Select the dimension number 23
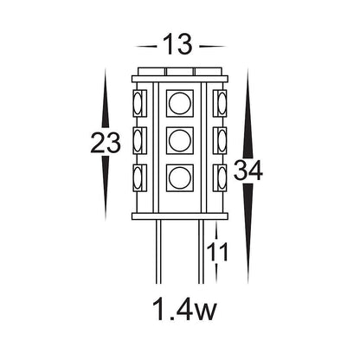(x=106, y=144)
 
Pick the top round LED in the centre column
(x=179, y=103)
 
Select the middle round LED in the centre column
(x=179, y=140)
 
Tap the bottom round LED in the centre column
(x=179, y=178)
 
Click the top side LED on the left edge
(x=139, y=104)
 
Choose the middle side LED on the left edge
(x=139, y=140)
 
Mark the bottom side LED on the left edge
(x=139, y=178)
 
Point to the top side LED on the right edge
(x=220, y=104)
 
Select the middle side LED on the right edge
(x=220, y=140)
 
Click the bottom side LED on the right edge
(x=220, y=178)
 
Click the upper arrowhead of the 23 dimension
(x=106, y=82)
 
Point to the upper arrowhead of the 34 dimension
(x=248, y=82)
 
